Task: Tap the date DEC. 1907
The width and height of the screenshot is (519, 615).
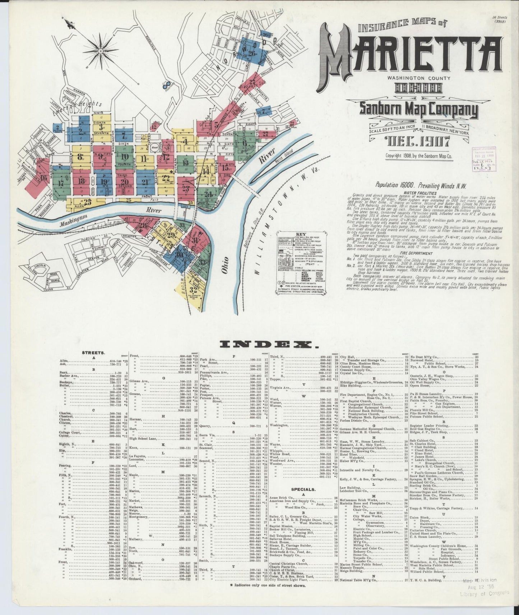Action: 417,142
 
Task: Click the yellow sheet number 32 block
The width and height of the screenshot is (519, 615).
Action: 193,290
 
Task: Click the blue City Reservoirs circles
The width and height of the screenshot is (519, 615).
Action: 166,83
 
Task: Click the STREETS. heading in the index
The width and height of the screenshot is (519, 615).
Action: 93,353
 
